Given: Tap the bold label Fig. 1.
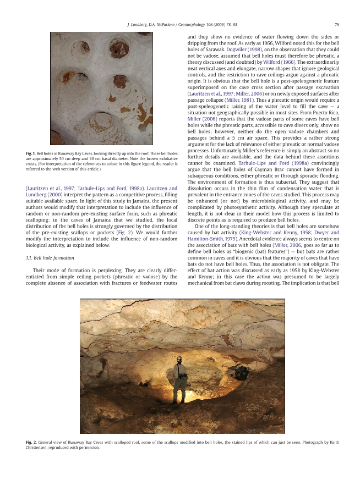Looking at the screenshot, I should (x=30, y=152).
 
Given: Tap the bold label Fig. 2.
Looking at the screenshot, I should (x=31, y=442).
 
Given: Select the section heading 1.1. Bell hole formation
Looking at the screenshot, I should (x=50, y=258).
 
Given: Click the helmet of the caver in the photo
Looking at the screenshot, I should (x=179, y=359).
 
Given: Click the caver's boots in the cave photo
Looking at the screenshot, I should (x=177, y=401).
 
